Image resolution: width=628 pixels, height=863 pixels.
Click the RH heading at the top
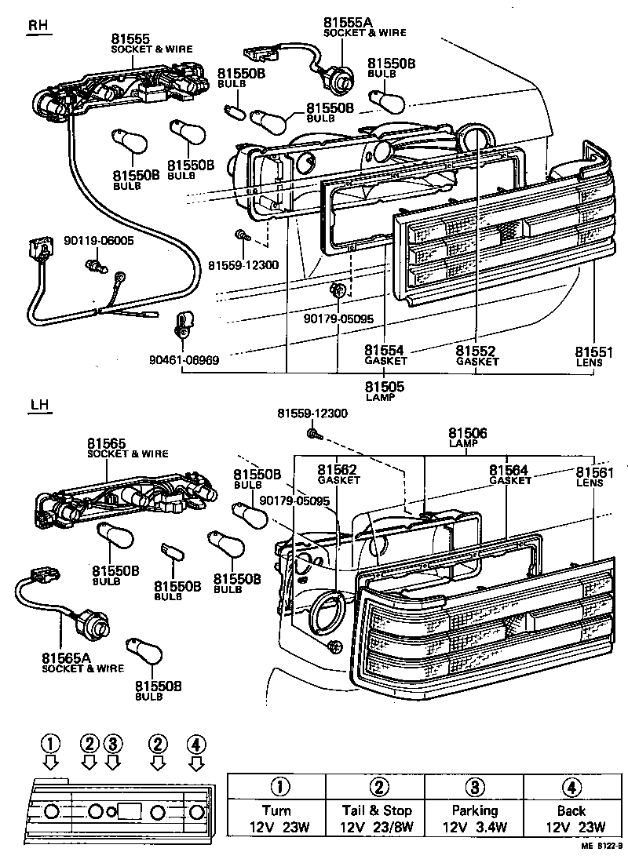38,25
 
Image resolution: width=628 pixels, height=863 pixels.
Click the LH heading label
38,406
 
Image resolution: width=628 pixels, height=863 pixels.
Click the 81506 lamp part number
468,433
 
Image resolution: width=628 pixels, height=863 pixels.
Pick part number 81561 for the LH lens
595,471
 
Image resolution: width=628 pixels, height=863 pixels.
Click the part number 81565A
71,657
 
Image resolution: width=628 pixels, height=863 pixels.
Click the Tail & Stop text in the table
376,810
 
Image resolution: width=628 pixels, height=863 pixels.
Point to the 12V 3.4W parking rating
474,827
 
